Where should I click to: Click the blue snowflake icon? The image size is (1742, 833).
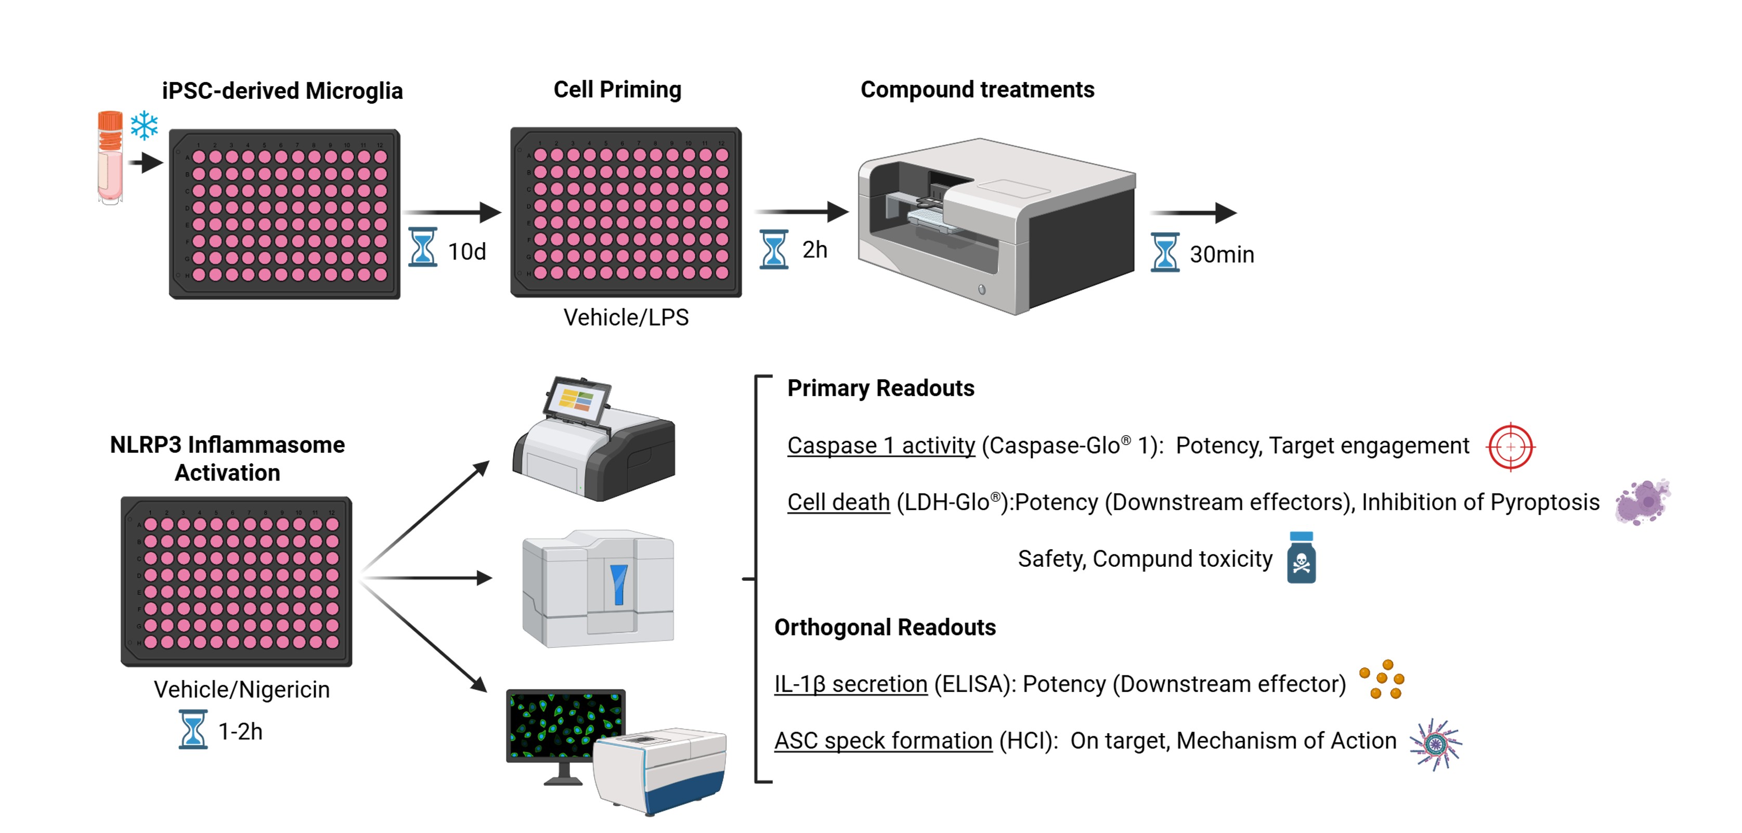coord(144,126)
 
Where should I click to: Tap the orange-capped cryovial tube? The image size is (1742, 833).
coord(110,158)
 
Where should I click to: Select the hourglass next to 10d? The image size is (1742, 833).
coord(423,248)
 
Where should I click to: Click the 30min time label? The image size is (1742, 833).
coord(1221,254)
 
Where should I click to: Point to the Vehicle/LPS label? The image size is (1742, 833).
coord(626,317)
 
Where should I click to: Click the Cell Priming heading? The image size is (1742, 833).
coord(617,89)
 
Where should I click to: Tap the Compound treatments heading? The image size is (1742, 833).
coord(977,89)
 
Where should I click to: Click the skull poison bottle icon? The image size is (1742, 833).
coord(1301,557)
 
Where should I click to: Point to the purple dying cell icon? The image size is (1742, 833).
coord(1643,502)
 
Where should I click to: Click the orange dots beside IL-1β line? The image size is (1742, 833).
coord(1382,679)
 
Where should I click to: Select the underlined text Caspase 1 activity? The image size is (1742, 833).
coord(881,446)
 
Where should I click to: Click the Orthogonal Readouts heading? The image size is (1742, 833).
coord(885,628)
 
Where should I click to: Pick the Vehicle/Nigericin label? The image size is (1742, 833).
coord(242,689)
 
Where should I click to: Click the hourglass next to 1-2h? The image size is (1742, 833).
coord(193,729)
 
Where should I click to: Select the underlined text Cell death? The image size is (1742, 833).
coord(839,502)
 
